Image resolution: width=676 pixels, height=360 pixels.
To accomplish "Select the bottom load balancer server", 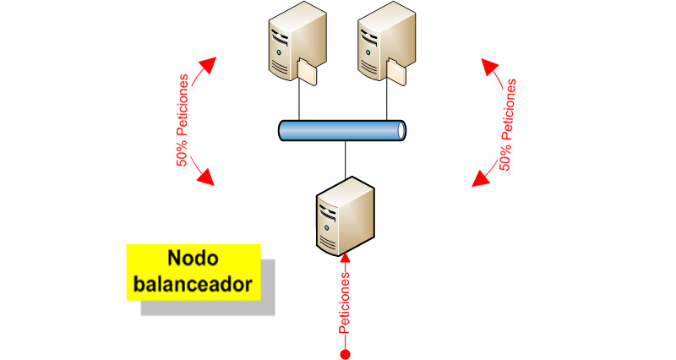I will [345, 215].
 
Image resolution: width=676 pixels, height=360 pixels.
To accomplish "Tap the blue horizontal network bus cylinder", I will [343, 130].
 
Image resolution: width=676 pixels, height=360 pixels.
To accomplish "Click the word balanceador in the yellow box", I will [194, 284].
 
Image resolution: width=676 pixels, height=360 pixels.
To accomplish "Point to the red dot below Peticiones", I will [345, 352].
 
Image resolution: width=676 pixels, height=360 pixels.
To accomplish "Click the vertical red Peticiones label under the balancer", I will [345, 302].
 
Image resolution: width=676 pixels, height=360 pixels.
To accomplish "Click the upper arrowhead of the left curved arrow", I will [208, 65].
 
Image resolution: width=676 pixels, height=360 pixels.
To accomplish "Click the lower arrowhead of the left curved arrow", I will [206, 177].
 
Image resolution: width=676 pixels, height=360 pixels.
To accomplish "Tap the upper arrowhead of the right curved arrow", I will [489, 66].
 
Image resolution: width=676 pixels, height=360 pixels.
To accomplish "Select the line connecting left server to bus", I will [300, 101].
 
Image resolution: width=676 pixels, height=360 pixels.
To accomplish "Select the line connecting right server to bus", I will [387, 101].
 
